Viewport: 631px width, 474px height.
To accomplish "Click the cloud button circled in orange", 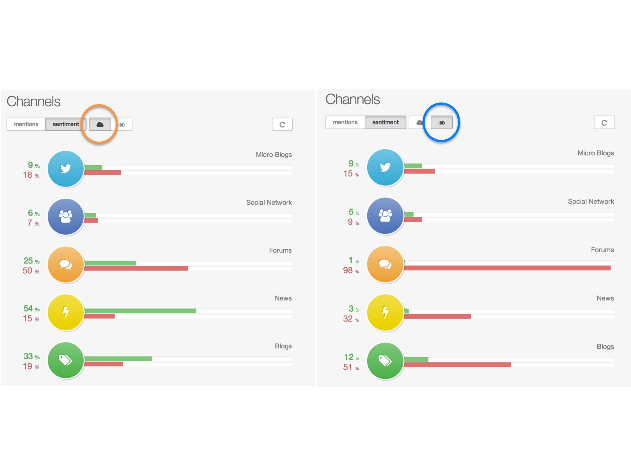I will pos(100,124).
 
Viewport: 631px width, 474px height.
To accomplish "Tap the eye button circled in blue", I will pos(441,123).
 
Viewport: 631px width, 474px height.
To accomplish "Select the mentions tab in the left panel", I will pos(26,124).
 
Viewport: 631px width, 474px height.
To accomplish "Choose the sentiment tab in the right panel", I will pos(385,122).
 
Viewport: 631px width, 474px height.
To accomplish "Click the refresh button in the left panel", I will pos(282,124).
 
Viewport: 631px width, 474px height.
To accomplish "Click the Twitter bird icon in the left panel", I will pos(66,169).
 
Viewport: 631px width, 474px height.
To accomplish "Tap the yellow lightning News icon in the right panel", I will pos(385,312).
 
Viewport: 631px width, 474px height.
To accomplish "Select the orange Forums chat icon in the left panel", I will pos(66,265).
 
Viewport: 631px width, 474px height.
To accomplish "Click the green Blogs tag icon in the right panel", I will pos(385,360).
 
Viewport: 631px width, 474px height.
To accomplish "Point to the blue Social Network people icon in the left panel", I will pos(66,217).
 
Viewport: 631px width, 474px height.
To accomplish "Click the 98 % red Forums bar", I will pos(507,268).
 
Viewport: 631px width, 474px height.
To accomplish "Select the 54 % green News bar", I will pos(140,311).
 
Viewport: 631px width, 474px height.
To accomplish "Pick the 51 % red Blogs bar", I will pos(458,365).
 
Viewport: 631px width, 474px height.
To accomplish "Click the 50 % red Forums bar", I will pos(136,268).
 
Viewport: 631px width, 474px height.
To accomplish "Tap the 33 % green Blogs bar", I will pos(118,359).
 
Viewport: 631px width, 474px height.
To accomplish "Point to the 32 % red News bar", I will pos(437,316).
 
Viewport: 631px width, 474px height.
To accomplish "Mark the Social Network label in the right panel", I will pos(591,201).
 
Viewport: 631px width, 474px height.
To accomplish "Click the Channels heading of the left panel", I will pos(34,101).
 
